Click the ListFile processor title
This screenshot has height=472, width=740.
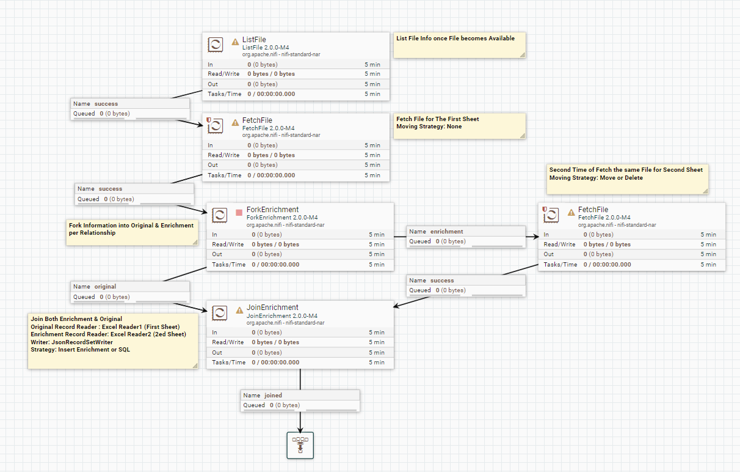click(254, 39)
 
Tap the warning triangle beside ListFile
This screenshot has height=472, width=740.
click(235, 42)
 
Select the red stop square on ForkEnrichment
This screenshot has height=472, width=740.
click(239, 213)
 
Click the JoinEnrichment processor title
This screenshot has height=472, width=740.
click(272, 307)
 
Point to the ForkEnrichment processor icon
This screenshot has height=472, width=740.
click(219, 215)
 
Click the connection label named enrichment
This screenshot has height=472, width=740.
click(446, 232)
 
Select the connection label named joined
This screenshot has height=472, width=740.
click(273, 395)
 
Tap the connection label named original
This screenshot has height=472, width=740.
click(105, 286)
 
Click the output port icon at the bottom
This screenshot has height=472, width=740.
click(300, 445)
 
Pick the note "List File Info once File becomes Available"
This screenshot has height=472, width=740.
click(455, 38)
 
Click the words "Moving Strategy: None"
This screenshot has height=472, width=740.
click(429, 127)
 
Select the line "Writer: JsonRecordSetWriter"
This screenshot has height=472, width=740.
click(71, 342)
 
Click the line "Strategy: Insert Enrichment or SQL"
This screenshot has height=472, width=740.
click(80, 350)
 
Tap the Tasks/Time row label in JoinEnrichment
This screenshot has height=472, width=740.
click(228, 363)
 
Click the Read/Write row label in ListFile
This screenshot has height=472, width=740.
click(223, 74)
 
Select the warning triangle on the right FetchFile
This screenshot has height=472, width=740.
click(571, 213)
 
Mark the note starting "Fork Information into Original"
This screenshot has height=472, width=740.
click(131, 229)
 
